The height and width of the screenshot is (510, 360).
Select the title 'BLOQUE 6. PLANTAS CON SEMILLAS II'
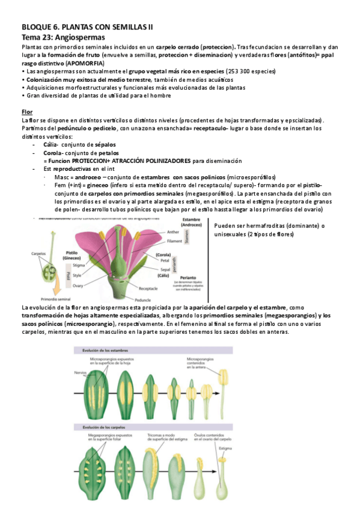(x=88, y=27)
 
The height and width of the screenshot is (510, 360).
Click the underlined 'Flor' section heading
(x=28, y=112)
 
